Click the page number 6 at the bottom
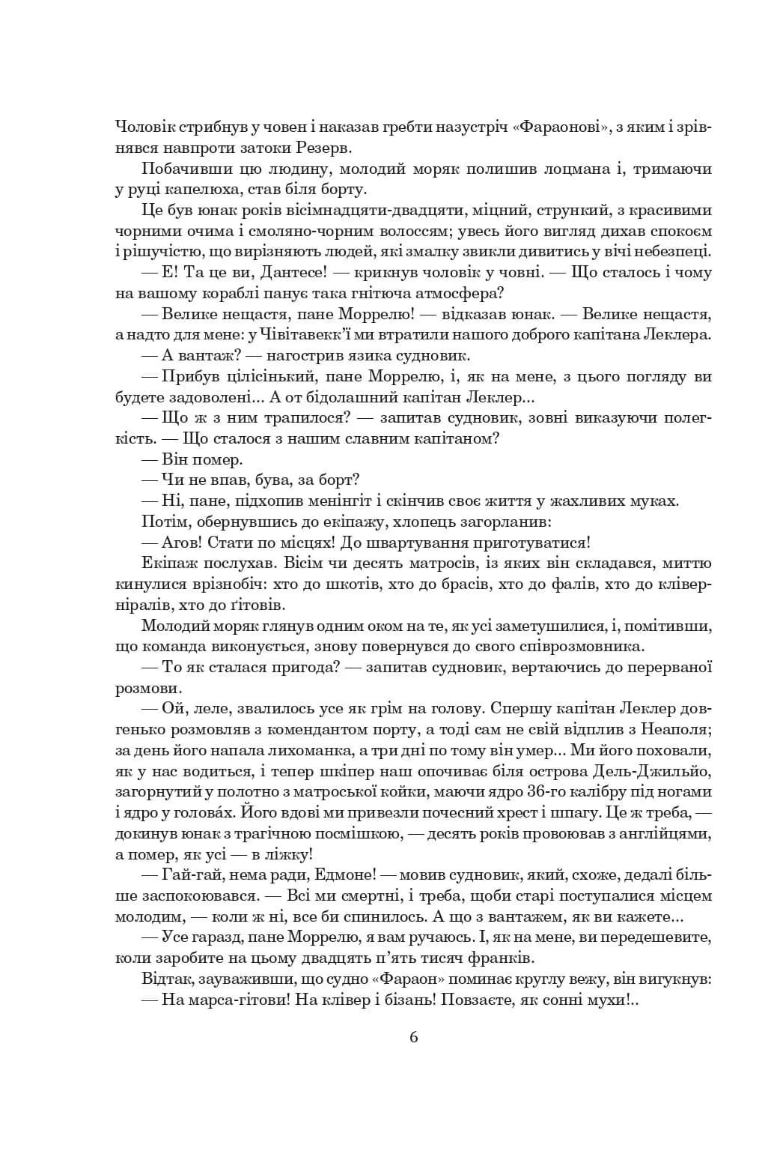(414, 1037)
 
